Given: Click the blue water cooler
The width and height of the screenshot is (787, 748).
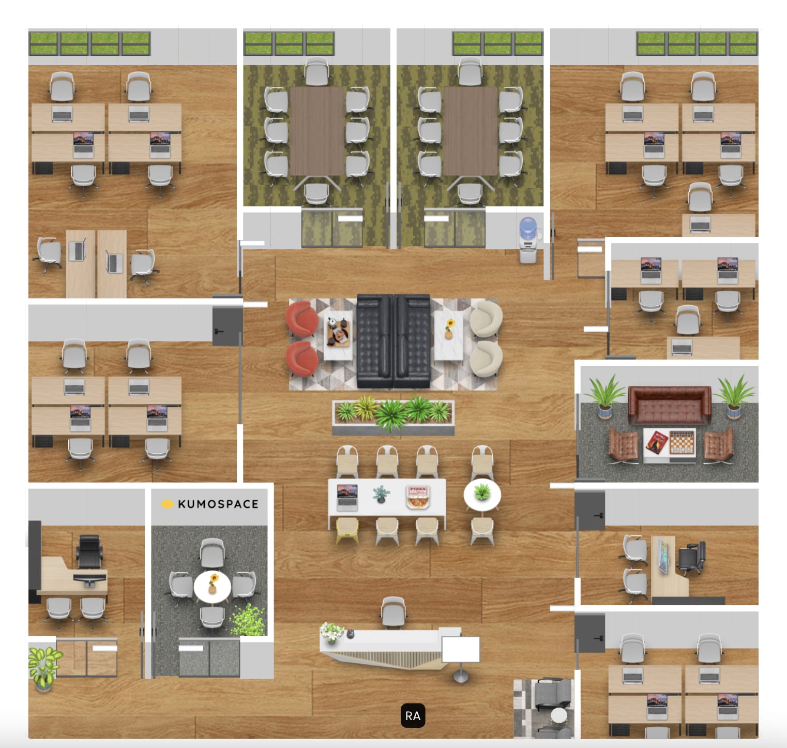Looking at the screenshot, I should pyautogui.click(x=527, y=239).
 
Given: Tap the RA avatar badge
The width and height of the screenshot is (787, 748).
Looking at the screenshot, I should pyautogui.click(x=413, y=715).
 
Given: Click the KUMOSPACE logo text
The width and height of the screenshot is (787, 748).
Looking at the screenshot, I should pyautogui.click(x=218, y=504).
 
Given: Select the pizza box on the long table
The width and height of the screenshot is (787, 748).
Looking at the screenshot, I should pyautogui.click(x=417, y=497).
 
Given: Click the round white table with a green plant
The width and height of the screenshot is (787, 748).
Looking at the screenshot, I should pyautogui.click(x=482, y=494).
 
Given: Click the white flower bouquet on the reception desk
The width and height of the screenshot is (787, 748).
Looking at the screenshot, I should pyautogui.click(x=331, y=632).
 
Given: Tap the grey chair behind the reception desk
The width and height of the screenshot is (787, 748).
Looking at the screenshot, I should pyautogui.click(x=393, y=612).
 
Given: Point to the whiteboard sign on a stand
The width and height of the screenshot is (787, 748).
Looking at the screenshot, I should pyautogui.click(x=461, y=650).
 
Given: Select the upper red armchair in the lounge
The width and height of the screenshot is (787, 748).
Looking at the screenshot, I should pyautogui.click(x=302, y=318).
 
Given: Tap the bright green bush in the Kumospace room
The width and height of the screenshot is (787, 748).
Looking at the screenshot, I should pyautogui.click(x=247, y=620).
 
